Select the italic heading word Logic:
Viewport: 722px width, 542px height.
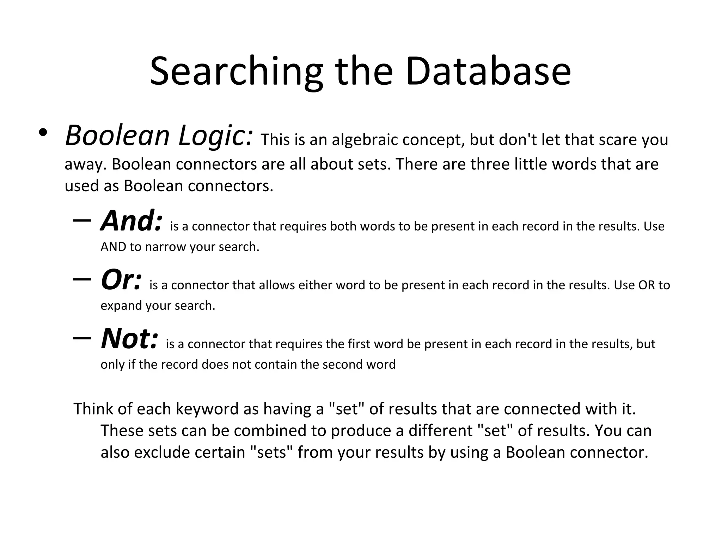(216, 136)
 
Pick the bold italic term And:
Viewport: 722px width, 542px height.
(131, 221)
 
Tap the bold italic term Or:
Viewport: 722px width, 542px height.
(121, 280)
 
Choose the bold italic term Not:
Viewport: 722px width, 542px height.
(129, 339)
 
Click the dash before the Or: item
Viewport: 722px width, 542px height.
(82, 279)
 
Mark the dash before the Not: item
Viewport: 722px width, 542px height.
(82, 338)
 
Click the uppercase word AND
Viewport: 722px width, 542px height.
(113, 247)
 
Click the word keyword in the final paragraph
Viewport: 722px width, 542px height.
(207, 409)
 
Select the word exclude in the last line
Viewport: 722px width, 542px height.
(162, 453)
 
